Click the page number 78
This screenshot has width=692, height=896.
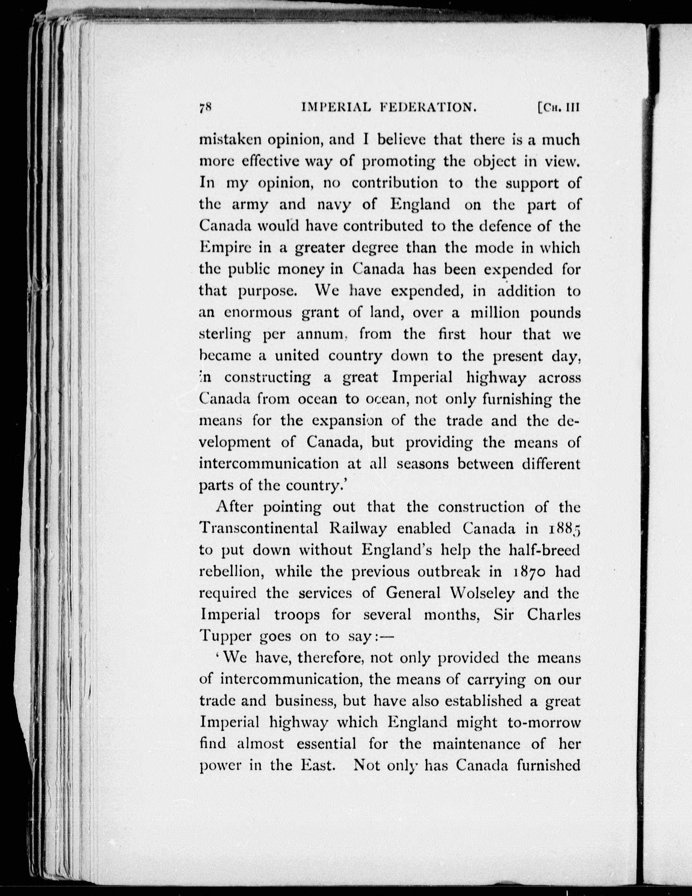(205, 108)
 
